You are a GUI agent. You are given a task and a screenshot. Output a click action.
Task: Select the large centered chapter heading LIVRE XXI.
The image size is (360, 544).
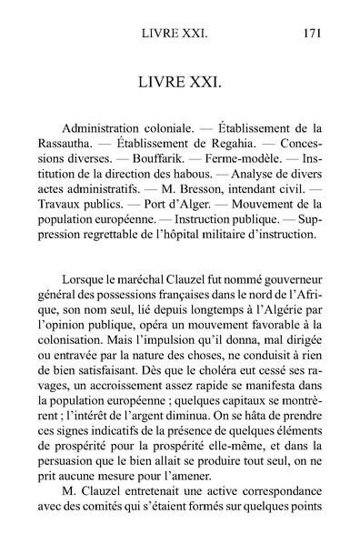coord(180,85)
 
